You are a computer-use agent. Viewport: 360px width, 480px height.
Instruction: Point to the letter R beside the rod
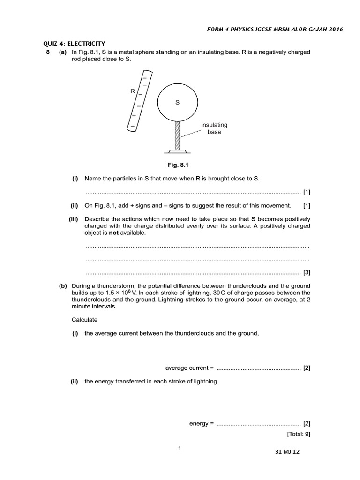tap(132, 92)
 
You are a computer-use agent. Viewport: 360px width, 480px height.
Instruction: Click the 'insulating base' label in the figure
tap(214, 128)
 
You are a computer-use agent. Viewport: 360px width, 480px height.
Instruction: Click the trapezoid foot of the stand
tap(177, 151)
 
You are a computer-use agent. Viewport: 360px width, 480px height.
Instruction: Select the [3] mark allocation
tap(307, 272)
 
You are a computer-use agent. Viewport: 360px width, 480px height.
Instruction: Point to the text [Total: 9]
tap(299, 434)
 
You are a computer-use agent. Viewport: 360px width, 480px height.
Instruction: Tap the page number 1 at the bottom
tap(180, 449)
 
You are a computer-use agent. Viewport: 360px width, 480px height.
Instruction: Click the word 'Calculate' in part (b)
tap(84, 320)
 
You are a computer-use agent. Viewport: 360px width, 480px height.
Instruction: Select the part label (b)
tap(63, 286)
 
